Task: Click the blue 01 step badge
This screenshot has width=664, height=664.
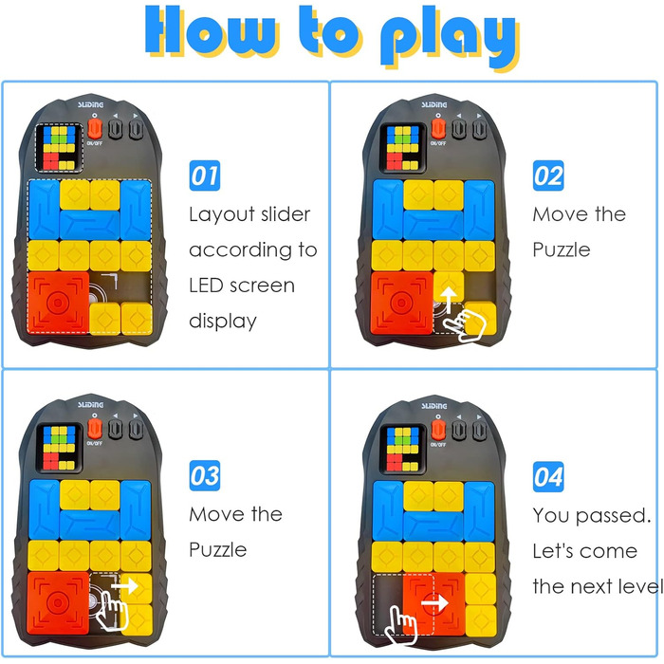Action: pos(205,175)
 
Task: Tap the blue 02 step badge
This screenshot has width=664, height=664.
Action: pos(548,175)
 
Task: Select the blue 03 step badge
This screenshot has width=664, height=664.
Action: pos(205,475)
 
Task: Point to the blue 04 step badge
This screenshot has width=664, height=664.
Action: pos(548,477)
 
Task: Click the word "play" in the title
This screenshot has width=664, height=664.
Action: pos(450,37)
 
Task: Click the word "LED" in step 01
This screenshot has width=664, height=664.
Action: pos(206,286)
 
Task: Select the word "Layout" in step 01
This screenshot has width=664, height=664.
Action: pos(222,215)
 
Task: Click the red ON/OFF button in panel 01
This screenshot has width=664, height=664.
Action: pos(95,129)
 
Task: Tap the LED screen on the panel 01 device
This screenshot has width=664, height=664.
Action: pos(59,148)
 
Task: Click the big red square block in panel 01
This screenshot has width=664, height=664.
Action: pos(59,303)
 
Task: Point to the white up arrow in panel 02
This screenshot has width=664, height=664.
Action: pos(449,300)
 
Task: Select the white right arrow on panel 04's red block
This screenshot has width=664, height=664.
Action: pos(434,602)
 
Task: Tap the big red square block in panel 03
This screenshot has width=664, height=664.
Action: pos(59,603)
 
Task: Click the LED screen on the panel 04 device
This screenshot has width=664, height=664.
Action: pos(402,449)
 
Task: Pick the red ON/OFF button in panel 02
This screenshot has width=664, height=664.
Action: pos(438,129)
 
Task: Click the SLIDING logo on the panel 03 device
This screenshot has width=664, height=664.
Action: pos(90,405)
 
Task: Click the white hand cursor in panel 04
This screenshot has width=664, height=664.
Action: pos(401,625)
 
